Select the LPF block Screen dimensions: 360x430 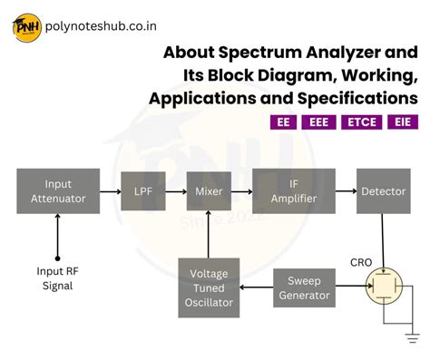(x=142, y=191)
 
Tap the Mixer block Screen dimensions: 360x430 (x=208, y=191)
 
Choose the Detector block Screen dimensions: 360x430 (x=383, y=191)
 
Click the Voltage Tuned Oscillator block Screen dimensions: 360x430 (x=209, y=287)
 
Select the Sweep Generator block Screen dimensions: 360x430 (x=305, y=287)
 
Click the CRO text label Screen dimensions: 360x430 (x=362, y=262)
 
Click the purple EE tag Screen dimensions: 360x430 (x=285, y=122)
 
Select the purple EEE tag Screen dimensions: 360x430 (x=318, y=122)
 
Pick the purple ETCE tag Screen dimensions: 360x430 (x=360, y=122)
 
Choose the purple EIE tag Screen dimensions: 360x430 (x=402, y=122)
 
